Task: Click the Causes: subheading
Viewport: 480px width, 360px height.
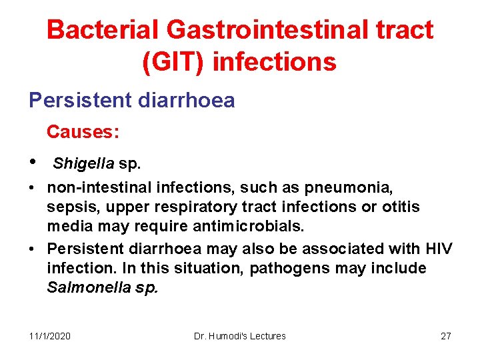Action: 83,132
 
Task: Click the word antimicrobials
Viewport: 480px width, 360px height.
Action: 237,226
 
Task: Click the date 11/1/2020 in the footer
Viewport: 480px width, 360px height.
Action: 51,336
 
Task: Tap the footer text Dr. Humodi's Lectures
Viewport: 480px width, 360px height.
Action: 239,336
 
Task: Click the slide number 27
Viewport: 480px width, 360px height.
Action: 446,336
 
